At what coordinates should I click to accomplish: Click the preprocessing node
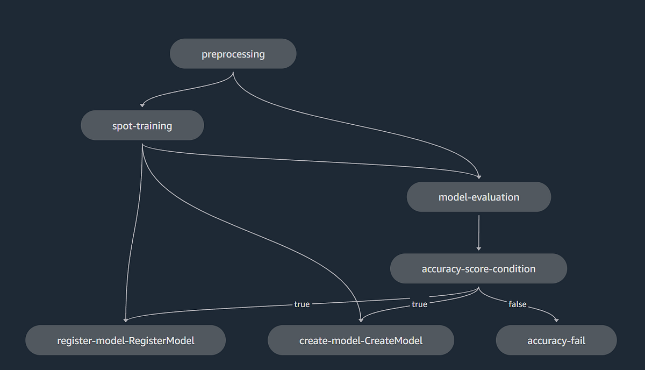click(x=233, y=54)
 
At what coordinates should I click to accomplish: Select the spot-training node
click(x=142, y=126)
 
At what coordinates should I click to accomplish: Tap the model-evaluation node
click(x=478, y=197)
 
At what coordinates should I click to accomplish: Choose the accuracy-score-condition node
click(x=478, y=268)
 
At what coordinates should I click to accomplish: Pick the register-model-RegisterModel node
click(x=125, y=340)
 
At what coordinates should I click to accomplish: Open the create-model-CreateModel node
click(x=361, y=340)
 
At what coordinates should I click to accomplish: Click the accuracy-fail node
click(x=556, y=340)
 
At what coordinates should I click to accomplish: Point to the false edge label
click(x=517, y=304)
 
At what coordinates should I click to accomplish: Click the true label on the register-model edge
click(x=302, y=304)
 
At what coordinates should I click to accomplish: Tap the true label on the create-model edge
click(x=419, y=304)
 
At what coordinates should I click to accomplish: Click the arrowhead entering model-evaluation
click(x=478, y=176)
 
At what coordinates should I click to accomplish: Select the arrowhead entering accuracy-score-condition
click(x=478, y=248)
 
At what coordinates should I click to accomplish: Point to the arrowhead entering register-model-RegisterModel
click(x=125, y=319)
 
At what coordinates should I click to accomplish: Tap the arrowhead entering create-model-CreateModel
click(x=361, y=319)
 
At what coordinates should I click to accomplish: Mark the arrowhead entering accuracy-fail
click(x=556, y=319)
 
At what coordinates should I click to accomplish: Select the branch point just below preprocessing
click(x=233, y=74)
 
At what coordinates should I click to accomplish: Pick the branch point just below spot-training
click(x=142, y=145)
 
